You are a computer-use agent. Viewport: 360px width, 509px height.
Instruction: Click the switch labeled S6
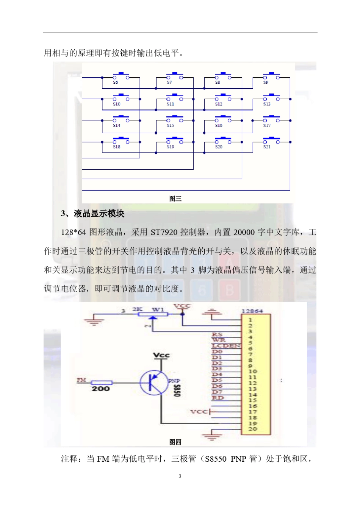point(121,77)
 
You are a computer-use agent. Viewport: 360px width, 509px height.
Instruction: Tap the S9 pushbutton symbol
point(271,77)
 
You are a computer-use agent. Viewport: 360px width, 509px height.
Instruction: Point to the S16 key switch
point(223,120)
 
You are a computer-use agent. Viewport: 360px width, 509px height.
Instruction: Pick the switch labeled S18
point(121,141)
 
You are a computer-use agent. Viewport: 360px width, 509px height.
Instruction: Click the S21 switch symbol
point(271,141)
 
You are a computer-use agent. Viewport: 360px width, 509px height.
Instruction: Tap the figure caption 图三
point(175,198)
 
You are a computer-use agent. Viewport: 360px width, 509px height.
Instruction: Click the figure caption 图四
point(175,442)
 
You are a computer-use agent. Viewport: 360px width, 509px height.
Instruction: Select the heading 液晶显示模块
point(99,214)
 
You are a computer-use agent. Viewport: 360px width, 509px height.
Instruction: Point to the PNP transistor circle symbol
point(154,383)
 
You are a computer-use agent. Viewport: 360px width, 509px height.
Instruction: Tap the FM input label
point(81,380)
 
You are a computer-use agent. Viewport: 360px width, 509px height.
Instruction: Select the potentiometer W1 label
point(158,310)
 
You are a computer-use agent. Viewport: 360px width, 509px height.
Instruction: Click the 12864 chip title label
point(252,311)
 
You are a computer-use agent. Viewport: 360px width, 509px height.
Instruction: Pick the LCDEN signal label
point(226,346)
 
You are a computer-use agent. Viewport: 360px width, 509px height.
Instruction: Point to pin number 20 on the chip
point(253,429)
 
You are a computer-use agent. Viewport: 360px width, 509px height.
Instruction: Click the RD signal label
point(218,398)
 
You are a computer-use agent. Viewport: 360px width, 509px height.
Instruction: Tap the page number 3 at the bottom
point(180,476)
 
